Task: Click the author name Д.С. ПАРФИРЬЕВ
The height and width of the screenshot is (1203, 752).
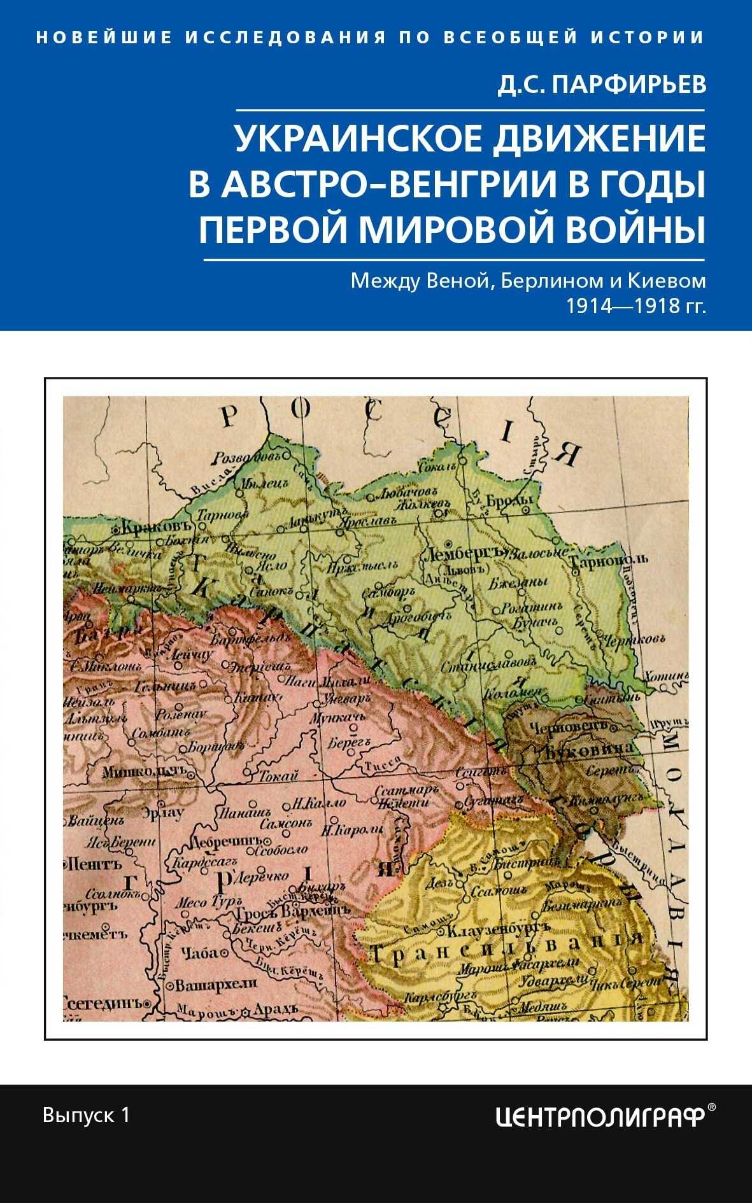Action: tap(602, 83)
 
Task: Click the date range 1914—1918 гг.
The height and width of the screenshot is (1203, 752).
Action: tap(636, 307)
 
